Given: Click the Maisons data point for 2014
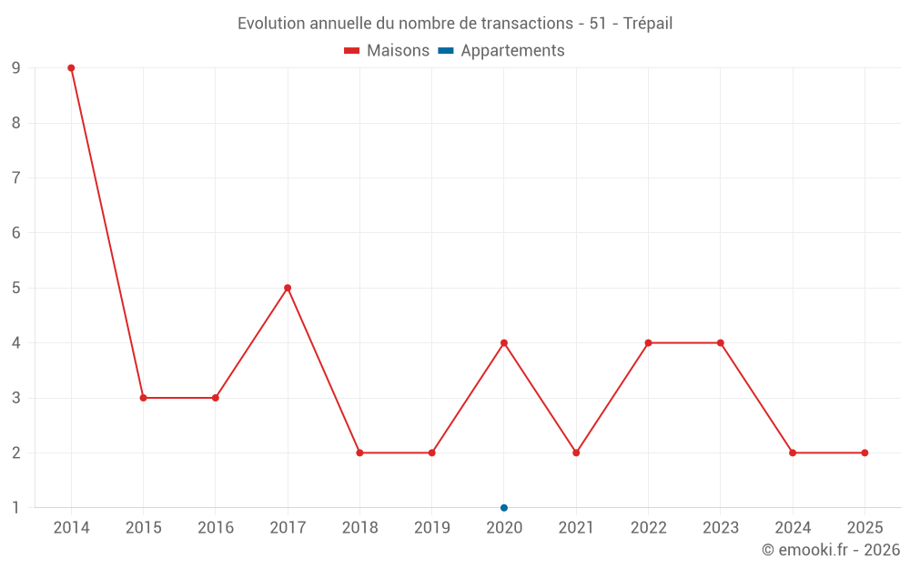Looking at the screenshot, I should [x=71, y=68].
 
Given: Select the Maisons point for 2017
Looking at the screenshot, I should [x=288, y=288].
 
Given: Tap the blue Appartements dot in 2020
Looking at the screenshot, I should [x=504, y=508].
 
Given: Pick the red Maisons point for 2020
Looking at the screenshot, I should [x=504, y=343].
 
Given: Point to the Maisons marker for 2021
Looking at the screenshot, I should [x=576, y=452].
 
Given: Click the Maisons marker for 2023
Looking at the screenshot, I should [x=721, y=343].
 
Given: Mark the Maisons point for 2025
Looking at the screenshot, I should [x=864, y=452].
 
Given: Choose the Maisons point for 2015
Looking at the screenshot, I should [x=143, y=398].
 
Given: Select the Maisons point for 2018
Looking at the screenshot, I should [x=359, y=452].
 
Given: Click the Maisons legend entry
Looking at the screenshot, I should [x=387, y=51].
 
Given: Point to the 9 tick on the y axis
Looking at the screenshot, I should [x=16, y=68].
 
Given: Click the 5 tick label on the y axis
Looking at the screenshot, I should [x=16, y=288].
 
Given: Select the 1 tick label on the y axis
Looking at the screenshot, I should [x=16, y=508].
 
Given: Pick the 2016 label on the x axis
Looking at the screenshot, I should [x=216, y=528].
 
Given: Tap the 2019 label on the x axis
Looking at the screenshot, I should [x=431, y=528].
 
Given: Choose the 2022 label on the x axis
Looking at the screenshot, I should [x=648, y=528].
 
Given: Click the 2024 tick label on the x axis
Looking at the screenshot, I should [x=793, y=528].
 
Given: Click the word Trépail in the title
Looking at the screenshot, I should [x=648, y=24].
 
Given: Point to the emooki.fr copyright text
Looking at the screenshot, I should [x=831, y=550].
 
